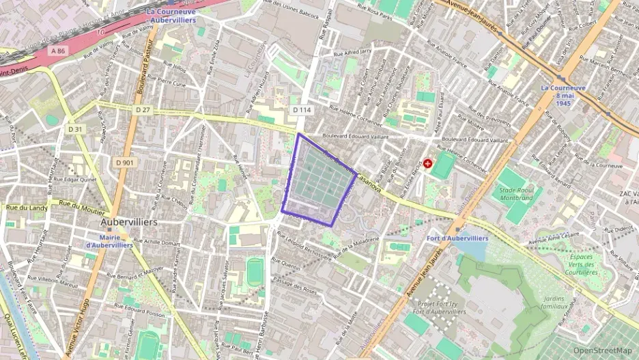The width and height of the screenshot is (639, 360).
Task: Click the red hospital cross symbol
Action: (428, 163)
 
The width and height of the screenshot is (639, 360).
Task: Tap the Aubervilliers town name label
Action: (129, 222)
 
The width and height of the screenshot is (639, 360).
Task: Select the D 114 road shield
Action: (301, 109)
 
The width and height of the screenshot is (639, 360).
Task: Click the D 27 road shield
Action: (142, 109)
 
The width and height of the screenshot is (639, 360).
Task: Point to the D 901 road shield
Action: (125, 162)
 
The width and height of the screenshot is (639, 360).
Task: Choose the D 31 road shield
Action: (75, 128)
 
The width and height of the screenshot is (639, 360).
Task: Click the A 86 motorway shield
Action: (58, 51)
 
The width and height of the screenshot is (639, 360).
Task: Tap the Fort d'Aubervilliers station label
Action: (457, 238)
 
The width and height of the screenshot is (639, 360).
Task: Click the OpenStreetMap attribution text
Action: (606, 350)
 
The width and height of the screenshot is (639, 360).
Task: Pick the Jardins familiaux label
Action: (554, 303)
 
